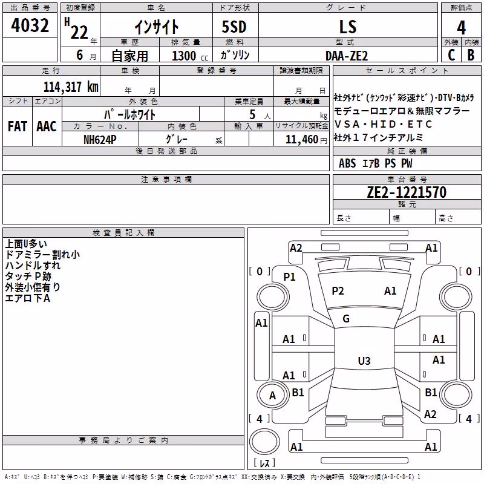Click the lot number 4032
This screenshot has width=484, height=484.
coord(30,25)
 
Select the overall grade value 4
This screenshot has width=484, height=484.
coord(461,27)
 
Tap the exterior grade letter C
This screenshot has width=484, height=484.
coord(451,55)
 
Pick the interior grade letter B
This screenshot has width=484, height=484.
coord(471,55)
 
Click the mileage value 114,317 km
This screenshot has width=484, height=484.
coord(71,87)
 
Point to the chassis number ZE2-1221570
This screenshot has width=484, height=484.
coord(407,192)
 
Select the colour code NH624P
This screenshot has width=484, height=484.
coord(100,140)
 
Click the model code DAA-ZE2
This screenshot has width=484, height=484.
coord(347,56)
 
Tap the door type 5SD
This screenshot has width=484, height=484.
coord(234,27)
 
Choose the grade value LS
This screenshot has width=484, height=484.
coord(348,27)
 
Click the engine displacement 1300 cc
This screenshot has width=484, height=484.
coord(190,56)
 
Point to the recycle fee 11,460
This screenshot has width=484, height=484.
coord(302,140)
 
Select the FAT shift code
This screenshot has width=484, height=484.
coord(18,126)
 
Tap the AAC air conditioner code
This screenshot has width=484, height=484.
coord(47,126)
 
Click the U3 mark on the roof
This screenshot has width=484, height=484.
coord(364,361)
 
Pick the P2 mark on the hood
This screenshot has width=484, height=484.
coord(338,291)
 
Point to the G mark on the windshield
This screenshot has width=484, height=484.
coord(346,319)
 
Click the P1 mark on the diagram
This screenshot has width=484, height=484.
coord(290,277)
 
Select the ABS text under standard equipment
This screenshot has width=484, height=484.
coord(347,163)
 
